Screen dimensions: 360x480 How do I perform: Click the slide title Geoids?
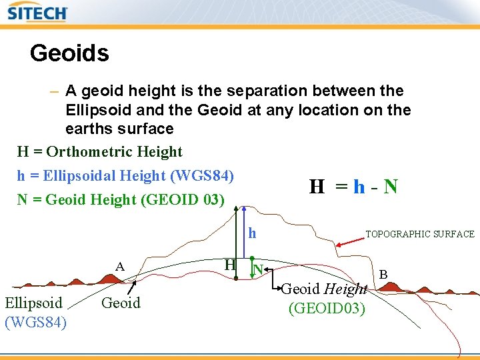(69, 53)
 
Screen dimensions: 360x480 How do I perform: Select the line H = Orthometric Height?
(99, 152)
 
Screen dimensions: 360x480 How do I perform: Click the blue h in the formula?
(359, 187)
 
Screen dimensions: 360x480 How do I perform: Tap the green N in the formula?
(391, 187)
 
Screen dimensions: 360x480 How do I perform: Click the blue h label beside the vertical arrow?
(252, 233)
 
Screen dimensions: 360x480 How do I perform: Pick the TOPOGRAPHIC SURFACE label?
(420, 234)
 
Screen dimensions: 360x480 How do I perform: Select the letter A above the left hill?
(120, 267)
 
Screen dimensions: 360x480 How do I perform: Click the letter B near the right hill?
(383, 273)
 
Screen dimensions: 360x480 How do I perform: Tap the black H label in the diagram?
(229, 265)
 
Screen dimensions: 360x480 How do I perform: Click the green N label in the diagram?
(257, 270)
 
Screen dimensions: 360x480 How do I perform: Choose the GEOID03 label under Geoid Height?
(327, 309)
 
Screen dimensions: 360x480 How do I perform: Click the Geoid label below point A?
(121, 303)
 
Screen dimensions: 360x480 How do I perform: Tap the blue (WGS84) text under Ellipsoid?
(35, 322)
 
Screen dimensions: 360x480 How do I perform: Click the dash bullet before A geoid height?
(53, 91)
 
